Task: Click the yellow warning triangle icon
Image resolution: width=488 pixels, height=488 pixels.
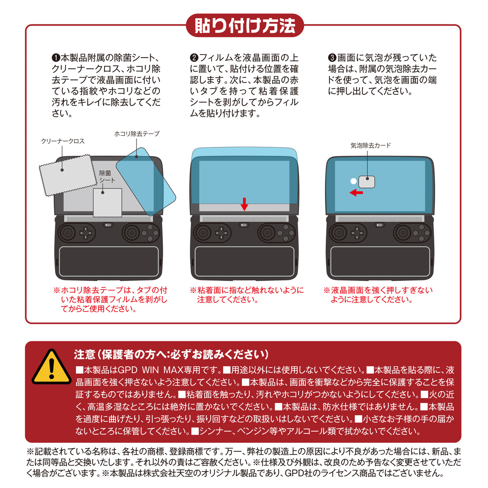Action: coord(51,367)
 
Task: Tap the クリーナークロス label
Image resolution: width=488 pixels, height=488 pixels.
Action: coord(63,141)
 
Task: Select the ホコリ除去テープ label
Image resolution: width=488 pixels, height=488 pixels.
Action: coord(137,133)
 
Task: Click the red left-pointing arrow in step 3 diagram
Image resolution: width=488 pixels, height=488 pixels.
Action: coord(356,192)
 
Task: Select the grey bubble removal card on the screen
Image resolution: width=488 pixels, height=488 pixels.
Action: coord(367,182)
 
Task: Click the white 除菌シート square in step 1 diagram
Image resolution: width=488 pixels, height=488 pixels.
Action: coord(107,203)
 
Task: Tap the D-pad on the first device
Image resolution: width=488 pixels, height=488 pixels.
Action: coord(86,233)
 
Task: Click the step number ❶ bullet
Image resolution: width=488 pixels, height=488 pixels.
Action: coord(56,58)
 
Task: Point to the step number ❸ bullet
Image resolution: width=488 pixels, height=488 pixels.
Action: coord(332,58)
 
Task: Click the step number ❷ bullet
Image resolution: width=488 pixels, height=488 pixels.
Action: coord(194,58)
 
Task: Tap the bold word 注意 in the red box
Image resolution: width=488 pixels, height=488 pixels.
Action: coord(85,354)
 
